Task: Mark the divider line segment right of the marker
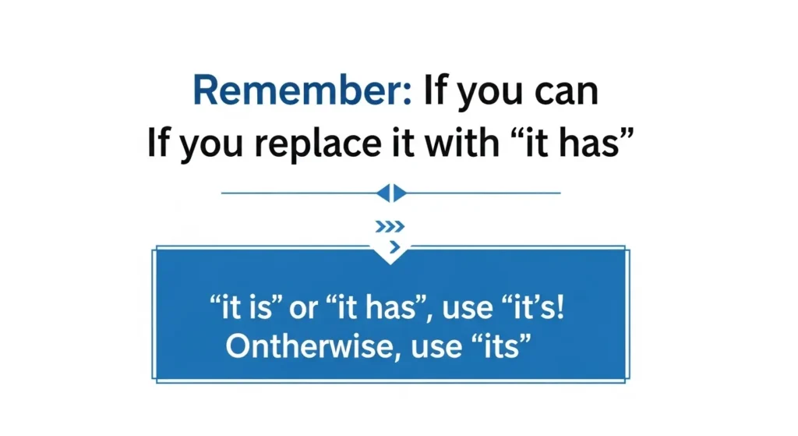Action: pos(484,193)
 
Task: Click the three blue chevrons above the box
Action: pos(390,227)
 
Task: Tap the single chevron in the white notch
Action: pos(393,247)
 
